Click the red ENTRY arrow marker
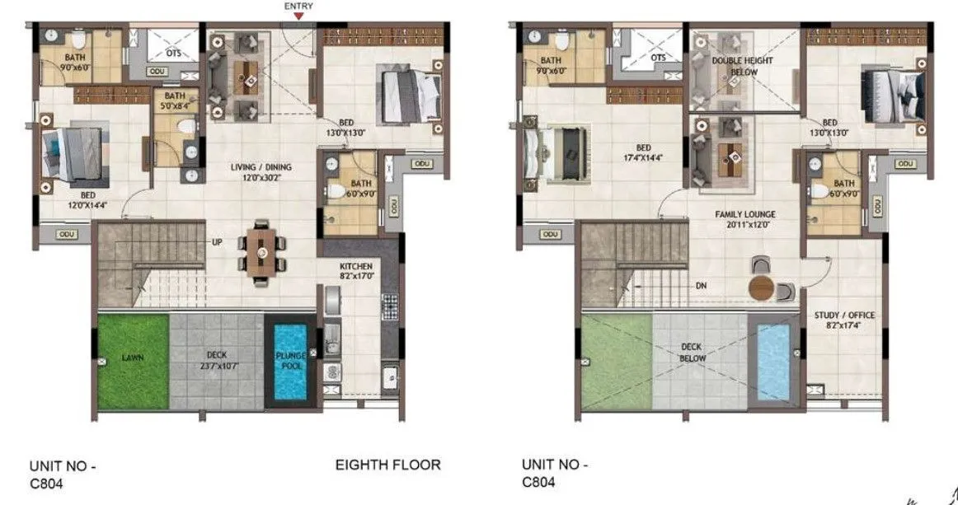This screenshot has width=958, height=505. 298,15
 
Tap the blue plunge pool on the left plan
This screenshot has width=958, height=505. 289,360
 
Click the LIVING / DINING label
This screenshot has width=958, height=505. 261,172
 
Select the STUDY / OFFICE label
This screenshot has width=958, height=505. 844,320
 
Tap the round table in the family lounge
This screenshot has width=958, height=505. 763,289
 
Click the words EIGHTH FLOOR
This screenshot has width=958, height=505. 387,465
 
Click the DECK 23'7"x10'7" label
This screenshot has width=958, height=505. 218,360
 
